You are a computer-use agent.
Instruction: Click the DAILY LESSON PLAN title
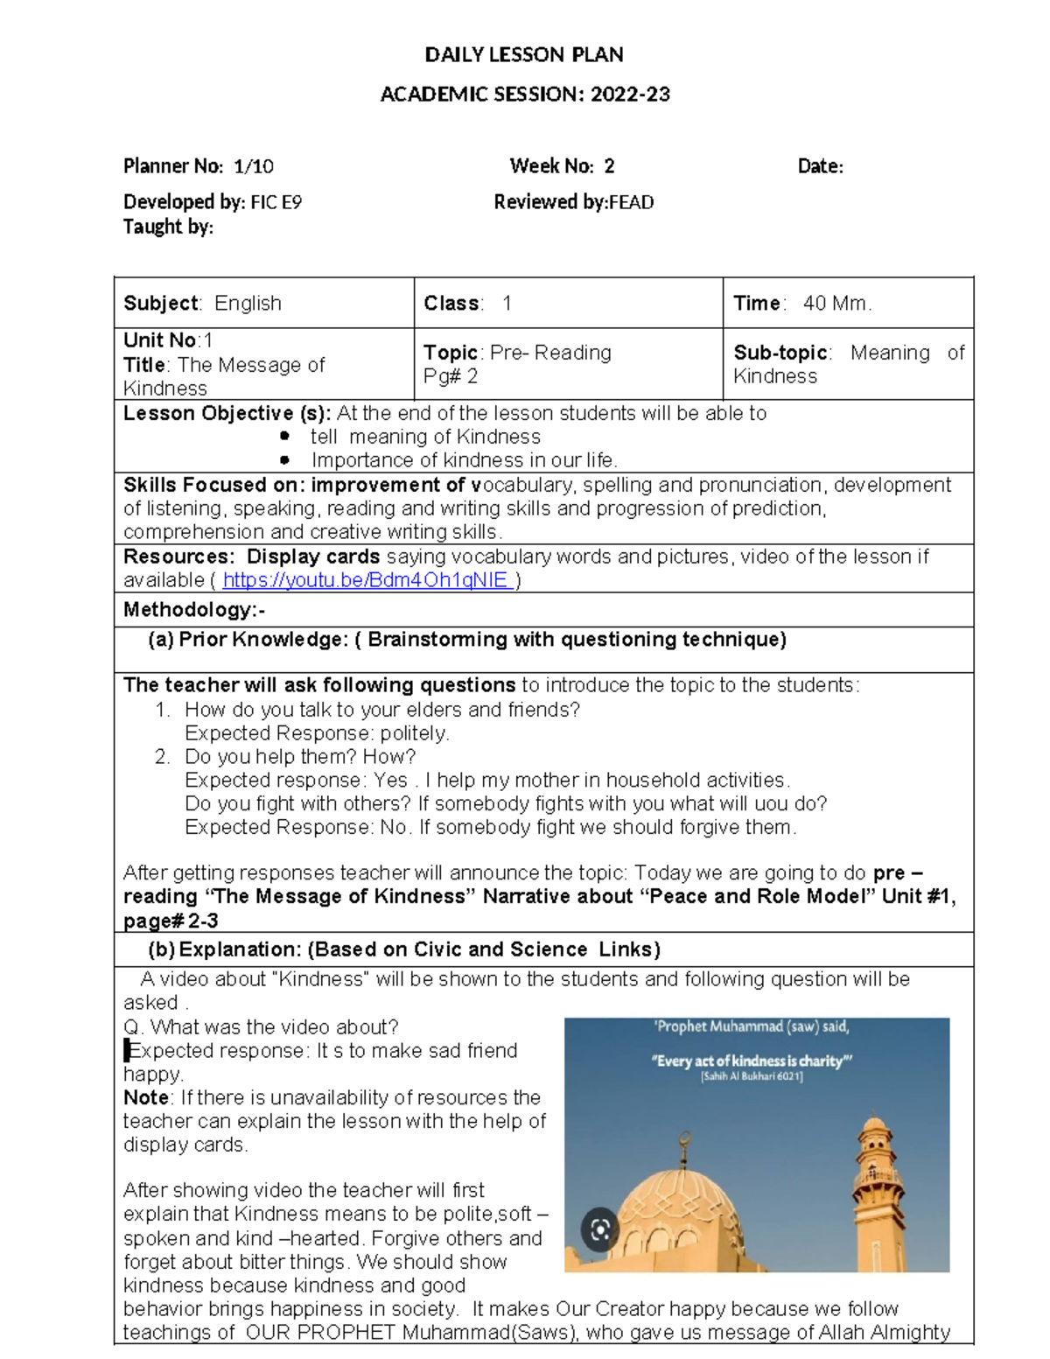pos(524,55)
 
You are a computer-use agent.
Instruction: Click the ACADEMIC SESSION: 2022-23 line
pos(524,95)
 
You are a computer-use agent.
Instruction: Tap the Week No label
pos(551,166)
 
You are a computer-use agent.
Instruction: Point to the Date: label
pos(820,166)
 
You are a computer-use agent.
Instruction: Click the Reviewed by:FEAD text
pos(573,202)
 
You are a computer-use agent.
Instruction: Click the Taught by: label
pos(168,227)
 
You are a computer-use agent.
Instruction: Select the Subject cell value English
pos(248,304)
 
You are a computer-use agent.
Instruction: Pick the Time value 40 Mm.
pos(836,304)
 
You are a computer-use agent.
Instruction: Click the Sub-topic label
pos(780,353)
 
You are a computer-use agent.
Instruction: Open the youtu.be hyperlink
pos(366,580)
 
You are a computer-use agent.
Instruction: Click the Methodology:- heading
pos(194,610)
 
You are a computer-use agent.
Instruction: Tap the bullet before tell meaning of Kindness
pos(284,436)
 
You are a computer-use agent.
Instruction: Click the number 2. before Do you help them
pos(162,757)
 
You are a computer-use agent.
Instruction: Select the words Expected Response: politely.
pos(317,733)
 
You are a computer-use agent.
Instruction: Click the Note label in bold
pos(145,1097)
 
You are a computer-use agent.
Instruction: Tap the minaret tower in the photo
pos(875,1190)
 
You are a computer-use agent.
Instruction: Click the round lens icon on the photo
pos(600,1230)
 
